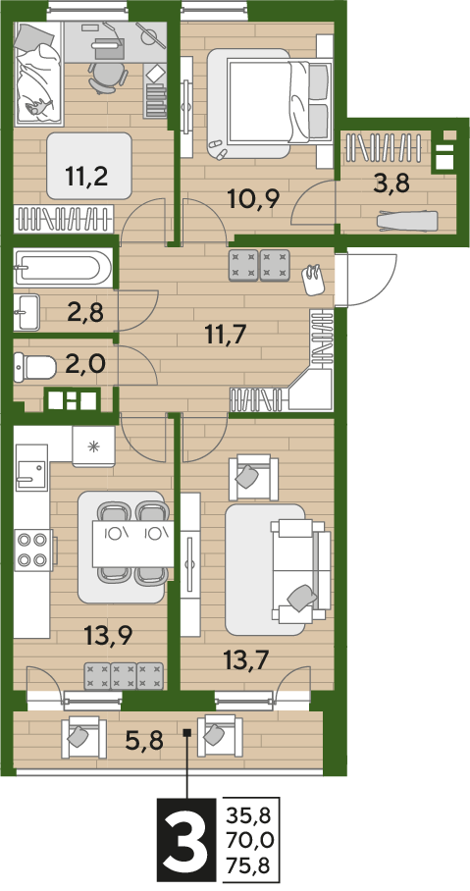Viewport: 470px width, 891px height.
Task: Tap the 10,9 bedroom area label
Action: point(253,199)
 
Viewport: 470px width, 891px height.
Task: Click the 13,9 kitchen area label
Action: point(107,634)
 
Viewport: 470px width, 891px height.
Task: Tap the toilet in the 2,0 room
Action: point(35,367)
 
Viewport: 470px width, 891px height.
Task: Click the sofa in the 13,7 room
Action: point(300,569)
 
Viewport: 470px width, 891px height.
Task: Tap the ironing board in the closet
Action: point(408,220)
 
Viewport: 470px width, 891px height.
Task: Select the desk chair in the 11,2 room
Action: point(106,77)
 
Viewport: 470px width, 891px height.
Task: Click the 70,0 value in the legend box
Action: point(248,842)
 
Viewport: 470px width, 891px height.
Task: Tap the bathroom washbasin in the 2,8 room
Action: point(26,311)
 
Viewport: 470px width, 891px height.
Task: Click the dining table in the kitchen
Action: point(133,545)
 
